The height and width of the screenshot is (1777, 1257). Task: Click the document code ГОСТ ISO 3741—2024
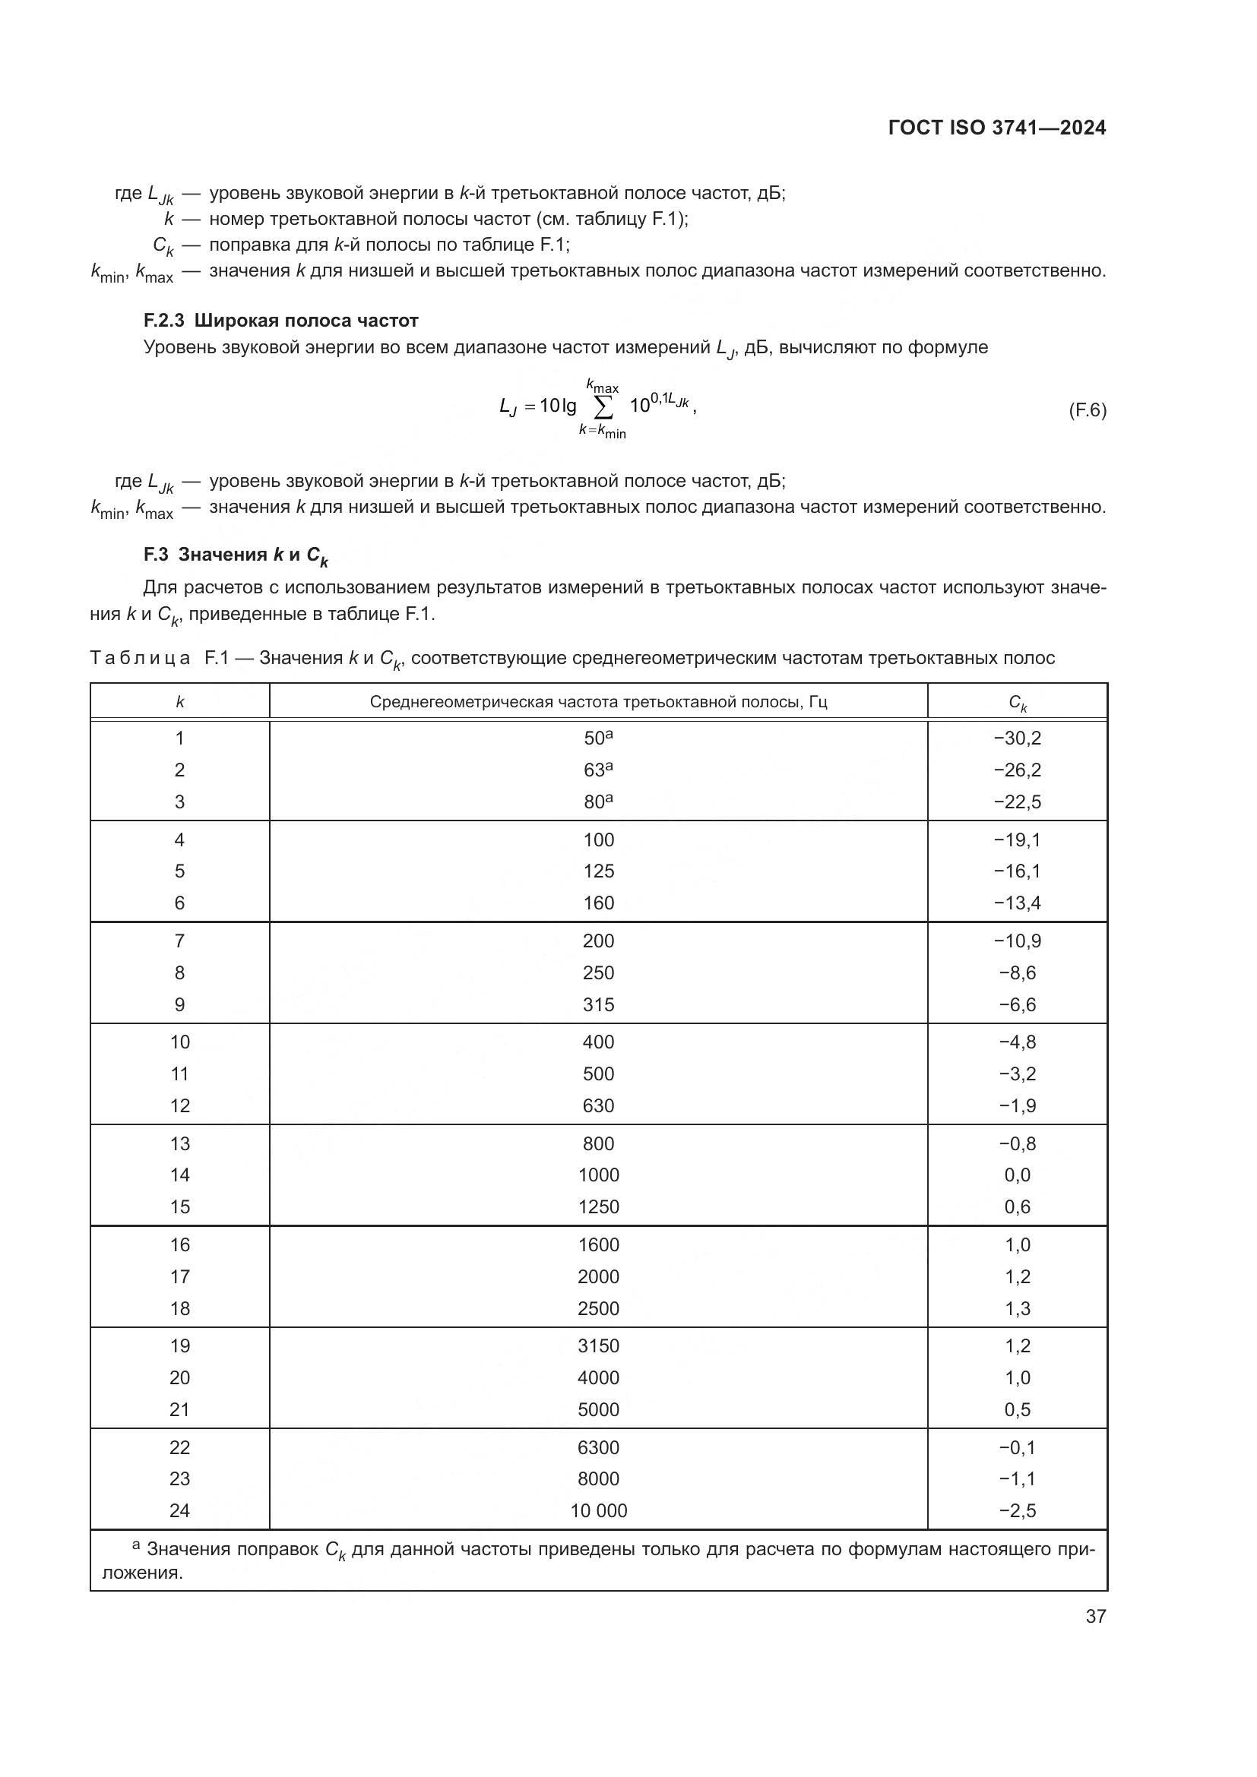997,128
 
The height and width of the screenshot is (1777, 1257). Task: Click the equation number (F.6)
1087,410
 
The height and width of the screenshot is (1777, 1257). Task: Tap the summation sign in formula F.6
602,406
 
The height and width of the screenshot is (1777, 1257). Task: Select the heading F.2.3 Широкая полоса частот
280,321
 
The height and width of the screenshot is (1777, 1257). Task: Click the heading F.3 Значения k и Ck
236,555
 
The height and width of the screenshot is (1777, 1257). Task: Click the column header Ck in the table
1017,703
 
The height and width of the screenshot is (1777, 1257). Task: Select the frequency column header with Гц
597,702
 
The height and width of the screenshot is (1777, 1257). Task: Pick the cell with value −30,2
1017,738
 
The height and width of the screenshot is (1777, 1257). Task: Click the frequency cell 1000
598,1175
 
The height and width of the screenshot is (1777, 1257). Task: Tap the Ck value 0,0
1017,1175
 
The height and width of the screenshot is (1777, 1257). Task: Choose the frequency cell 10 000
598,1510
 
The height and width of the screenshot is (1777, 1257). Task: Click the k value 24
179,1510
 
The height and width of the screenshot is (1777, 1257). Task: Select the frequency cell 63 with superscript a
597,770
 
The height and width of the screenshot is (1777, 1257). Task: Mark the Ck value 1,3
1017,1308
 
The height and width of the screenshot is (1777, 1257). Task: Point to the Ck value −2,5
1017,1510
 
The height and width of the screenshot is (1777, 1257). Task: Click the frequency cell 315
598,1004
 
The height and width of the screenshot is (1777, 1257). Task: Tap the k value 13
179,1144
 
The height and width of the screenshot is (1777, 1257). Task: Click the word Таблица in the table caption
140,659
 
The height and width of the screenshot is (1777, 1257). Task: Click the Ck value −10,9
1017,941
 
